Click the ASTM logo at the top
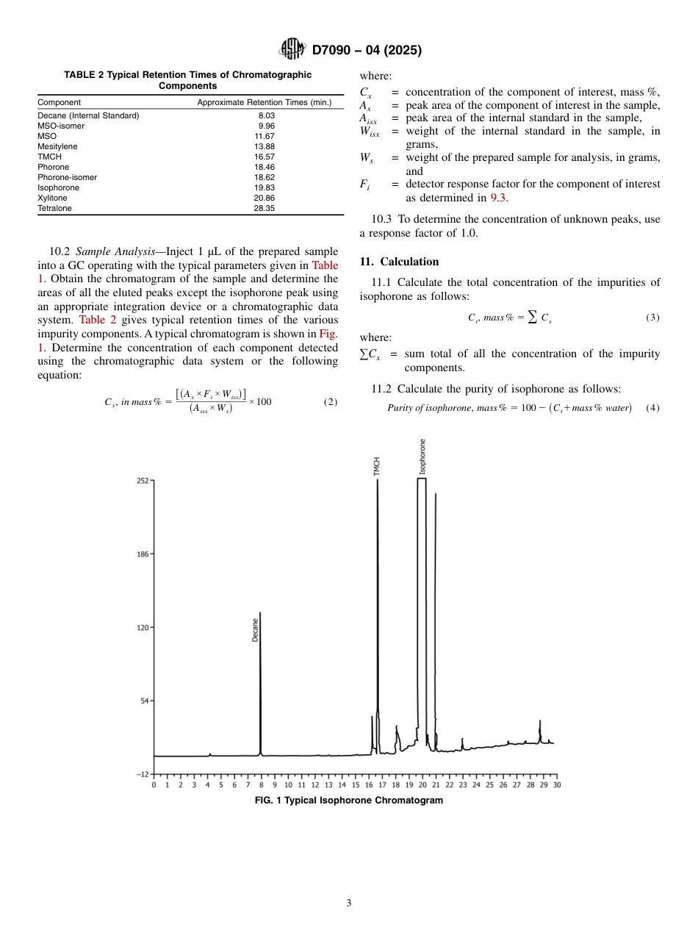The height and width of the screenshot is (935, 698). (292, 50)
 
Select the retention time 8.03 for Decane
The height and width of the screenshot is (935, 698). (266, 115)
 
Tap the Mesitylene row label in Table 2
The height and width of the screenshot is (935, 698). (57, 146)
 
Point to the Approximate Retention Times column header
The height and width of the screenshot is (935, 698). (265, 102)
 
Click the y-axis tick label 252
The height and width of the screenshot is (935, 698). (142, 481)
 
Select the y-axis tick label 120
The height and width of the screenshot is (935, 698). (142, 628)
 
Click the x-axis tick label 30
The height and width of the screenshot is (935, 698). (556, 785)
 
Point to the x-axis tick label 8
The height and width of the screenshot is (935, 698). (262, 785)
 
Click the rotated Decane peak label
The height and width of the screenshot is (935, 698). (255, 629)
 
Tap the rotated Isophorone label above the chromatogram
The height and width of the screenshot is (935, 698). (422, 456)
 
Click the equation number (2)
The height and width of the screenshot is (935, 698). (331, 402)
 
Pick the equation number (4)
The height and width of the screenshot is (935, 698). (652, 408)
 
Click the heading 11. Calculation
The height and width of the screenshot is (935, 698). (399, 262)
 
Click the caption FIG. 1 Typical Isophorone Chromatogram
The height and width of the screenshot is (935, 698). (348, 800)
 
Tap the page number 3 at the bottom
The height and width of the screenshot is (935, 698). (348, 903)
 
